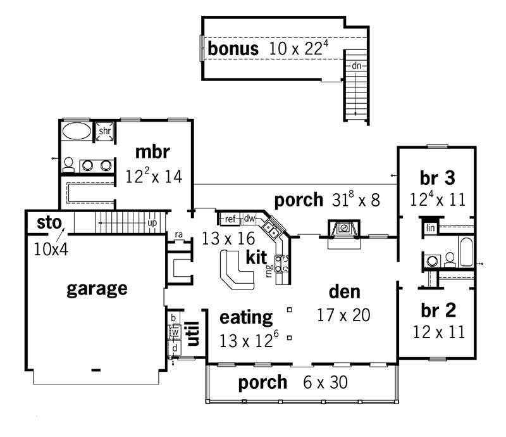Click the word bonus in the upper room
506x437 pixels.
click(x=233, y=49)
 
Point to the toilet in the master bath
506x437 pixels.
click(x=68, y=164)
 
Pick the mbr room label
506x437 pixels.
click(x=153, y=152)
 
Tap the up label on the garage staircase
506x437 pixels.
click(x=151, y=224)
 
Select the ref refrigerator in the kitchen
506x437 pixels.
click(x=230, y=219)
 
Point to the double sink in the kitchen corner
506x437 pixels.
click(x=272, y=227)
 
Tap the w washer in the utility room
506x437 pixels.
click(x=175, y=332)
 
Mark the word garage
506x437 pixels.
click(x=97, y=289)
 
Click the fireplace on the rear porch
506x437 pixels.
click(x=342, y=229)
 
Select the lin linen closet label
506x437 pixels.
click(x=431, y=227)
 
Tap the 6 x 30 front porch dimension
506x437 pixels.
click(x=322, y=383)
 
